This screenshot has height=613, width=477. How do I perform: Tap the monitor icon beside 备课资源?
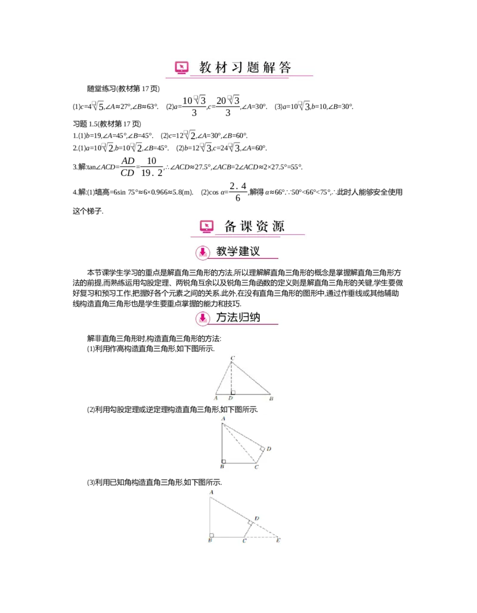coord(206,226)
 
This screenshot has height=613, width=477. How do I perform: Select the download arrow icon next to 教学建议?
coord(203,252)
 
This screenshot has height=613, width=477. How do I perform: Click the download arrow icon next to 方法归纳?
coord(203,318)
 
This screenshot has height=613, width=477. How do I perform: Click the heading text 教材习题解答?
coord(245,67)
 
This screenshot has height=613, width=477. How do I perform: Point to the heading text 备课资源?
coord(255,226)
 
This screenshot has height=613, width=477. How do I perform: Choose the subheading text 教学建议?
coord(238,252)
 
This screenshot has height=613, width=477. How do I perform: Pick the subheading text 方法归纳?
coord(238,317)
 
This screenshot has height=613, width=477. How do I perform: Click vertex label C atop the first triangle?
coord(232,357)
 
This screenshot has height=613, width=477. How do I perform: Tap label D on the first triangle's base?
coord(230,398)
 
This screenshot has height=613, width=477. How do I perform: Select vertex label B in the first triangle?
coord(271,398)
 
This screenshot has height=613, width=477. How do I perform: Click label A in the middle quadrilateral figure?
coord(222,419)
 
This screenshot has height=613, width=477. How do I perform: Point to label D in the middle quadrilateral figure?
coord(269,448)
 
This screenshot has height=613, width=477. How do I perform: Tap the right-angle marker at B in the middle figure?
coord(224,460)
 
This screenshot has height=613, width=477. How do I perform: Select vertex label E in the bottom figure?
coord(278,541)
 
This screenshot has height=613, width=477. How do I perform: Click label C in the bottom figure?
coord(244,541)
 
